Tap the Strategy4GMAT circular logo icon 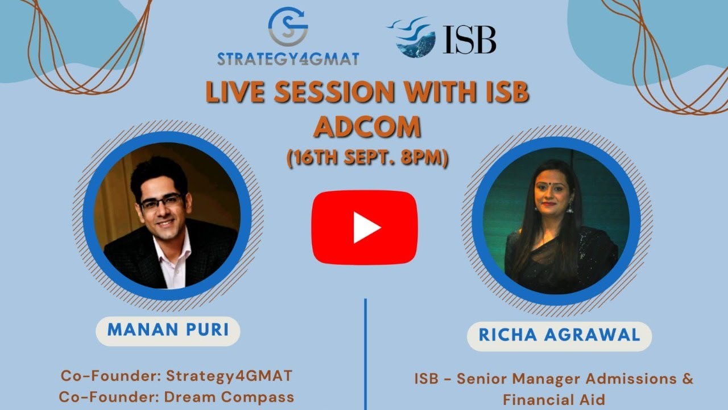288,26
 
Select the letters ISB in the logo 469,40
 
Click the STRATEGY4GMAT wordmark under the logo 288,59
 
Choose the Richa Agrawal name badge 559,335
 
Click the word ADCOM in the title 367,128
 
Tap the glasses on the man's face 162,202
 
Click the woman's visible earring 569,208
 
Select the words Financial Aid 554,400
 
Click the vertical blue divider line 365,353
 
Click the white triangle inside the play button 365,228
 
